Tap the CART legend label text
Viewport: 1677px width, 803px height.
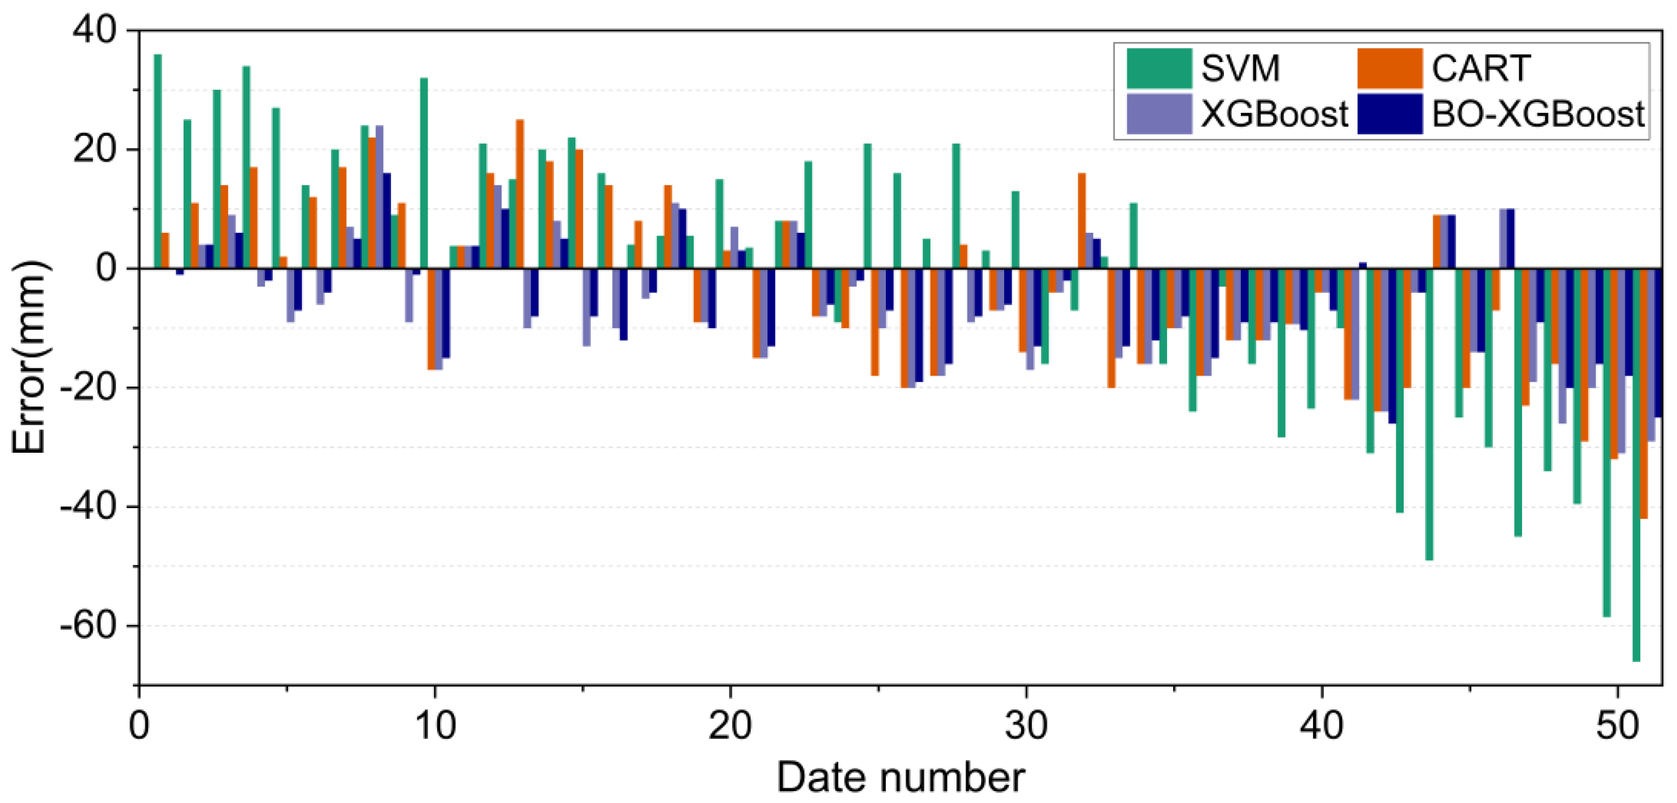1480,68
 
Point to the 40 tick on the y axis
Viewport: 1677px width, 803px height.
95,30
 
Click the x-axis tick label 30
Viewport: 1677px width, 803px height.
1026,725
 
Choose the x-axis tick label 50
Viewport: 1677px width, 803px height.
1617,725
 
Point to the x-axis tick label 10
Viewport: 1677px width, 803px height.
435,725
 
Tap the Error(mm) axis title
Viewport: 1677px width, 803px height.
29,357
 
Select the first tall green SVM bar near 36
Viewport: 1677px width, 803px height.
158,163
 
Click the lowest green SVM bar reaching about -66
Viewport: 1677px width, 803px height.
1636,466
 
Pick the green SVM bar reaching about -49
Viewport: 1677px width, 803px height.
1429,414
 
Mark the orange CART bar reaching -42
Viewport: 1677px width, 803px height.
1643,394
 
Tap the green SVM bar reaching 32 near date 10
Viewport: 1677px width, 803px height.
424,173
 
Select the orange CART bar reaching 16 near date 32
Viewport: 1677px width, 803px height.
1081,221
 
